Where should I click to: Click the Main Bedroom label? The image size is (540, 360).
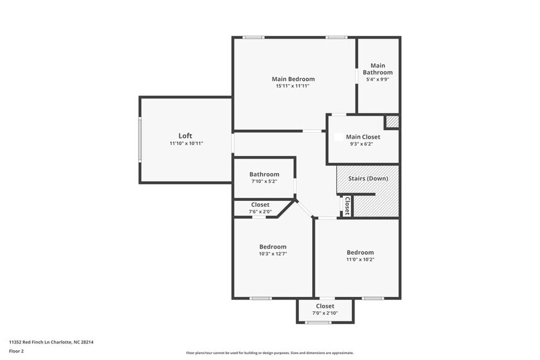click(293, 79)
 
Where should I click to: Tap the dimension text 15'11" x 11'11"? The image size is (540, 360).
click(293, 86)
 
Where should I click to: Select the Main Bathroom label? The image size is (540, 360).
click(378, 69)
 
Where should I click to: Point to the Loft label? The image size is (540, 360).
click(186, 135)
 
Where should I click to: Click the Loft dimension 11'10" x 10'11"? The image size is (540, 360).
click(186, 143)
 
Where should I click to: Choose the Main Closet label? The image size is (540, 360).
click(363, 137)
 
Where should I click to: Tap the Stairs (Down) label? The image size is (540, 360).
click(368, 178)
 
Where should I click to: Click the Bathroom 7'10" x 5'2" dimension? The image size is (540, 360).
click(264, 181)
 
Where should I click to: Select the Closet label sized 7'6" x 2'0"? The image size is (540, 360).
click(260, 204)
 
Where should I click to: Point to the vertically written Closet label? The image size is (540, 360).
click(347, 205)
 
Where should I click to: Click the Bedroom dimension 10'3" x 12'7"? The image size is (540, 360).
click(272, 253)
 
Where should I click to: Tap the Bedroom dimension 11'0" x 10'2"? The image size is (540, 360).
click(360, 259)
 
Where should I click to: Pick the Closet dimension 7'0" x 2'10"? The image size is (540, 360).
click(324, 313)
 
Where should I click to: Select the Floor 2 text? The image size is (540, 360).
click(17, 351)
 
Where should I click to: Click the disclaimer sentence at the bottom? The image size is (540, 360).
click(269, 353)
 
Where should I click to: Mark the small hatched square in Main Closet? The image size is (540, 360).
click(392, 121)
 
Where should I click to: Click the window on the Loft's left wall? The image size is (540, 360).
click(140, 140)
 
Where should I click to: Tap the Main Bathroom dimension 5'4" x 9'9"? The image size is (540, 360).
click(378, 79)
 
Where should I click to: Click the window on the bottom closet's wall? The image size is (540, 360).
click(319, 323)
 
